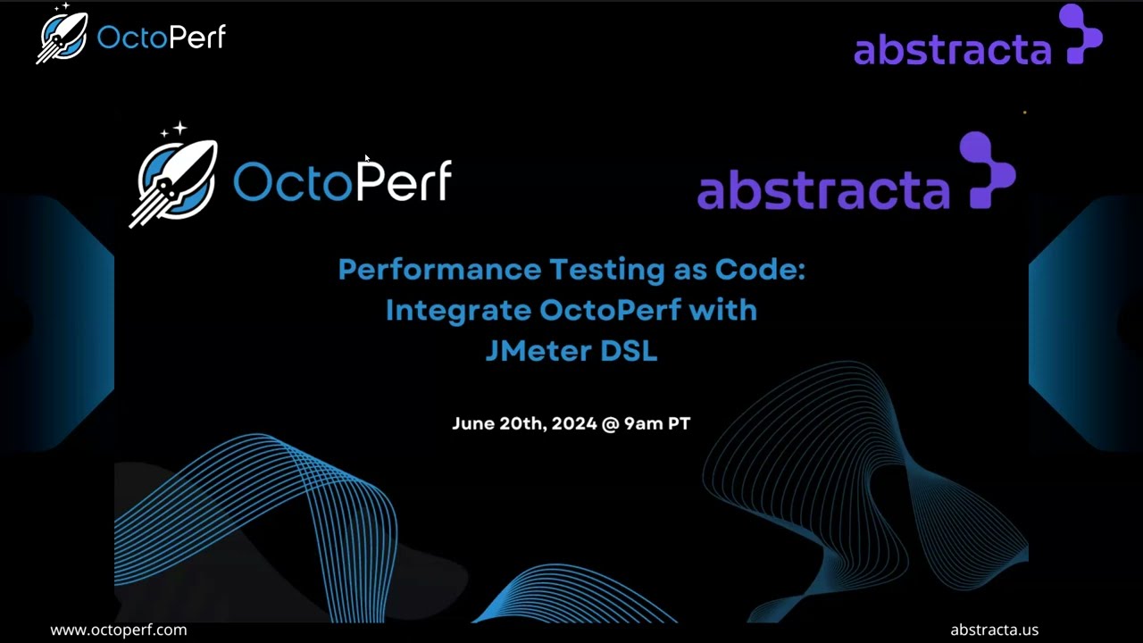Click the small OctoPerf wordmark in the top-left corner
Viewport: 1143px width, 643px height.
point(161,38)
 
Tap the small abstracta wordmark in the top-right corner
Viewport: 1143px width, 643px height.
point(952,50)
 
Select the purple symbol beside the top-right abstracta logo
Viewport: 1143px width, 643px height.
point(1081,34)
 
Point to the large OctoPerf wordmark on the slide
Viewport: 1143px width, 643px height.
point(342,182)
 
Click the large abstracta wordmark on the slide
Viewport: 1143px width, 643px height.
point(822,190)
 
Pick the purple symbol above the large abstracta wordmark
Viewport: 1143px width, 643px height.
point(987,170)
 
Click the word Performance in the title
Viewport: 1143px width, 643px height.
point(439,270)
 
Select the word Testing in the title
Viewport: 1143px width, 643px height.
point(606,270)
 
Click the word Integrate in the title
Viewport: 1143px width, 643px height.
point(458,311)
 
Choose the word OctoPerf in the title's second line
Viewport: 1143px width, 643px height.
point(610,311)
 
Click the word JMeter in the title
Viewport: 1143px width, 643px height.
point(538,351)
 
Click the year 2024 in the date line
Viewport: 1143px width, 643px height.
point(573,423)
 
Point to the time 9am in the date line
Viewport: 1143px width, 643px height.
point(643,423)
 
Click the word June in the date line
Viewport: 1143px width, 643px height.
point(472,423)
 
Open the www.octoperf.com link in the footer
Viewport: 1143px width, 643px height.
point(119,630)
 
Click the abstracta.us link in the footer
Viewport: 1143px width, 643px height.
point(994,630)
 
